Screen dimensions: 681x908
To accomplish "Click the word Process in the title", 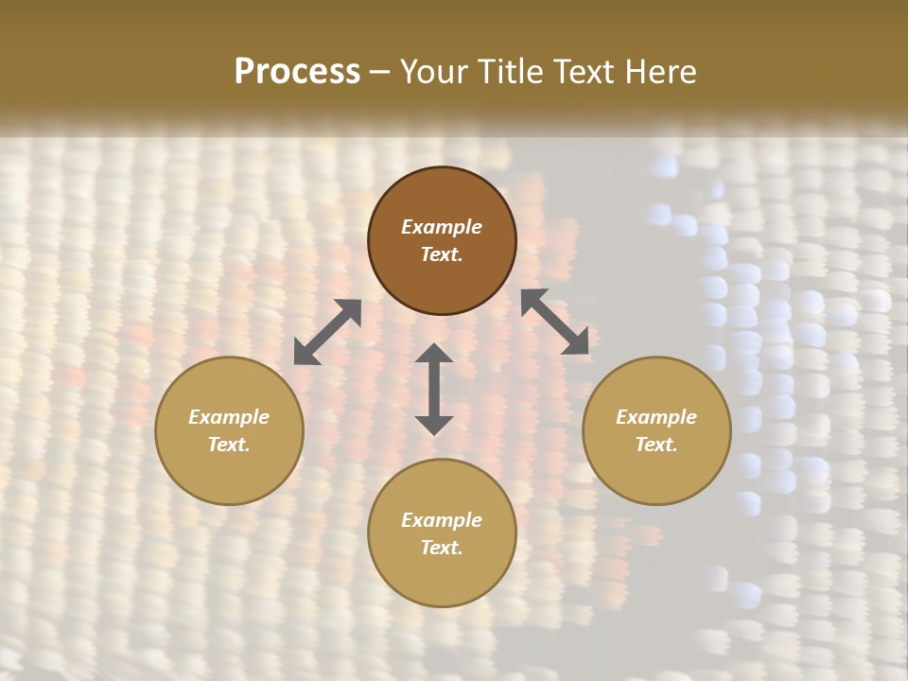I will coord(297,72).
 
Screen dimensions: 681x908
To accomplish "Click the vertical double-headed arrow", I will coord(434,389).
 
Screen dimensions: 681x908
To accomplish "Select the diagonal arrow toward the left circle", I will coord(327,332).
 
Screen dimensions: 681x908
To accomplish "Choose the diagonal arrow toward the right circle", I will coord(554,322).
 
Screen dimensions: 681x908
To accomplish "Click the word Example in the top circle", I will coord(442,227).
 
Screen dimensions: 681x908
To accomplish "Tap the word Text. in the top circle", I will coord(442,254).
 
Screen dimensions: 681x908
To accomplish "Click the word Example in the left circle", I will coord(229,417).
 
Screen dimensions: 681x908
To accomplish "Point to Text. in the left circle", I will coord(229,445).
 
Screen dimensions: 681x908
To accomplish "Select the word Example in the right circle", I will coord(656,417).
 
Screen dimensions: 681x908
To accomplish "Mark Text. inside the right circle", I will coord(656,445).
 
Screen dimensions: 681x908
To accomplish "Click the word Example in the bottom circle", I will coord(442,520).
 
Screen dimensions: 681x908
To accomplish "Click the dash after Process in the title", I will coord(379,73).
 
